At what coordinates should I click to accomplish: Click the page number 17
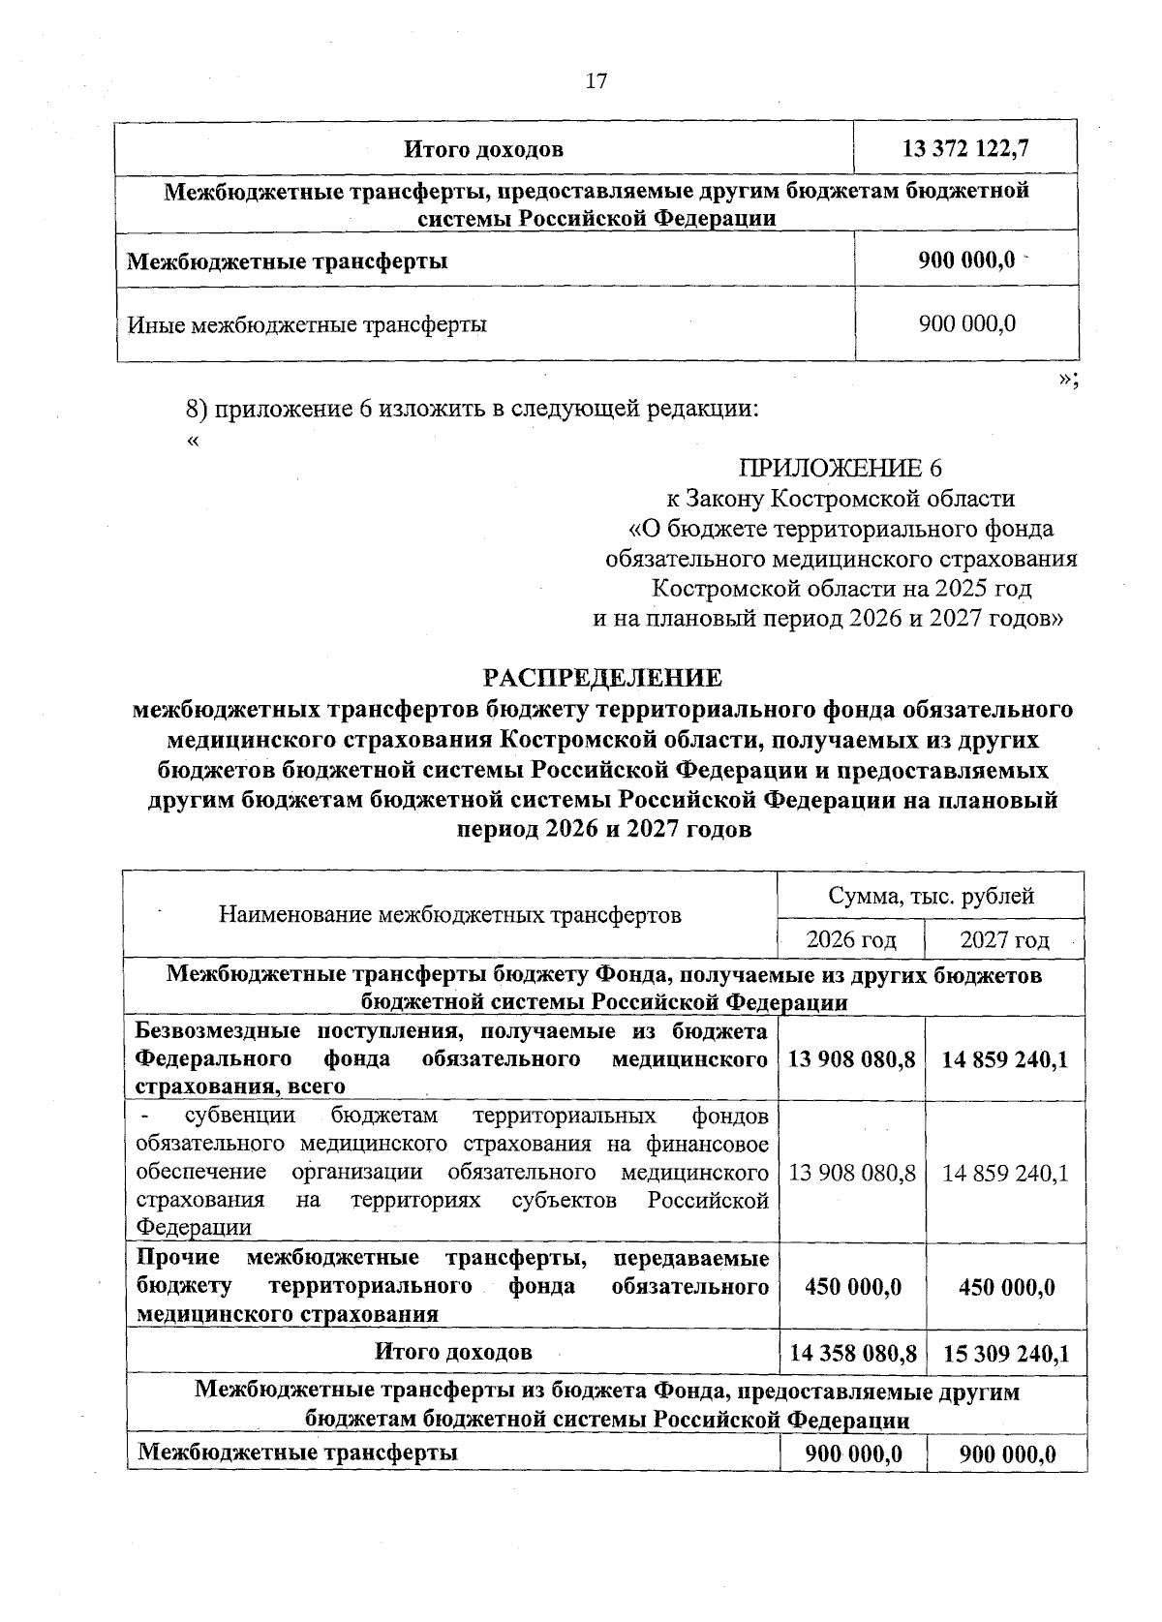pos(596,81)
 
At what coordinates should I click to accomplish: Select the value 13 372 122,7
pos(965,149)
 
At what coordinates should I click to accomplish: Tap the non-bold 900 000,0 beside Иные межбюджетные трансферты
pos(966,323)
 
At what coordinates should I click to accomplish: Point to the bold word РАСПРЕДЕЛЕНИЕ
pos(602,677)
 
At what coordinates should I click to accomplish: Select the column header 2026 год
pos(851,939)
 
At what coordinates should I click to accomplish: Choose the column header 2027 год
pos(1004,939)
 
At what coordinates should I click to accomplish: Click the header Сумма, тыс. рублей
pos(931,896)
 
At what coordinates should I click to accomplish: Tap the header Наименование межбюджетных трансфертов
pos(450,914)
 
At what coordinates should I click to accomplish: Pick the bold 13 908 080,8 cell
pos(852,1059)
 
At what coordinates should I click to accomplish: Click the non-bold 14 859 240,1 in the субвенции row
pos(1005,1173)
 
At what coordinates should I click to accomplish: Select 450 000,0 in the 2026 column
pos(852,1287)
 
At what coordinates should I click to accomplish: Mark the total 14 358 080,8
pos(852,1353)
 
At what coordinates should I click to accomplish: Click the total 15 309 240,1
pos(1005,1353)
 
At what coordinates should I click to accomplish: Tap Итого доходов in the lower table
pos(453,1351)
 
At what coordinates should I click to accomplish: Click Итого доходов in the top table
pos(483,149)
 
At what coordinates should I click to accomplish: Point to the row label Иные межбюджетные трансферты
pos(307,324)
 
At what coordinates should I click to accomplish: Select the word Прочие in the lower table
pos(178,1258)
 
